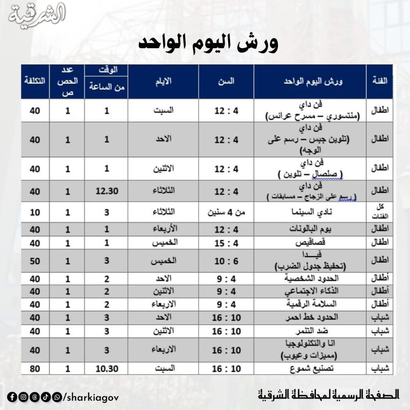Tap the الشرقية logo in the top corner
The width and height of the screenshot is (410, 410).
37,16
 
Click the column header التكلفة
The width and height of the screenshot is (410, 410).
35,81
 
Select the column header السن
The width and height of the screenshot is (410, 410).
226,81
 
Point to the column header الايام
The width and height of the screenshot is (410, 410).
163,81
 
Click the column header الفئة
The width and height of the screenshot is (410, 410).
379,81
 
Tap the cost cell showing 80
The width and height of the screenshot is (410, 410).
35,369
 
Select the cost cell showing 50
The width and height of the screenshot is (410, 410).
35,261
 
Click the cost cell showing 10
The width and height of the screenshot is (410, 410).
35,212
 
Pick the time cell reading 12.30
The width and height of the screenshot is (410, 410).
106,191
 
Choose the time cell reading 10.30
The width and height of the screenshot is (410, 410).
106,369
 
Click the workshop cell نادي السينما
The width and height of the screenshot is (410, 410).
310,212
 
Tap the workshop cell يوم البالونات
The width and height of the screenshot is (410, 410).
310,230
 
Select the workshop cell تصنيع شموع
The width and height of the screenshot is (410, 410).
310,369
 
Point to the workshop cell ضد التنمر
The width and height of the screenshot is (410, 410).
310,331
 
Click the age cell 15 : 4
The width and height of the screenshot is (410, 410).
226,243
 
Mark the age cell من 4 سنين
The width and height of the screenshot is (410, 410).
226,212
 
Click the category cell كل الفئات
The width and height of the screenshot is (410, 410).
380,212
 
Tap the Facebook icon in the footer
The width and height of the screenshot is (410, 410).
11,397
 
